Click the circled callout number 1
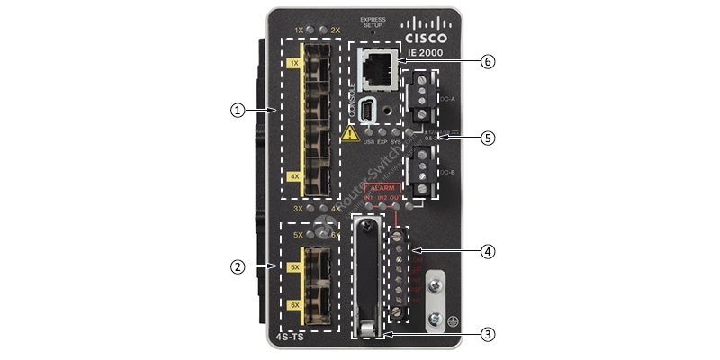click(x=238, y=110)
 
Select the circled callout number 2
click(x=238, y=266)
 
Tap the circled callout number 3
click(x=488, y=334)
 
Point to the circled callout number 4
click(x=488, y=251)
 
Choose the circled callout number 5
click(x=488, y=138)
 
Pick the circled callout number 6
click(x=488, y=62)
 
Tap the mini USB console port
click(x=369, y=112)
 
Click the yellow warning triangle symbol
click(x=350, y=134)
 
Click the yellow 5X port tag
click(x=293, y=267)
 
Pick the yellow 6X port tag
click(x=293, y=305)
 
